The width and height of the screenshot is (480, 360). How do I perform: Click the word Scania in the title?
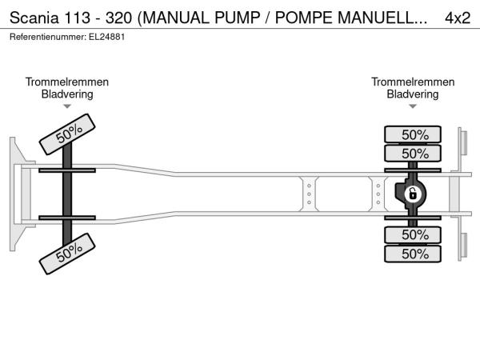click(x=34, y=18)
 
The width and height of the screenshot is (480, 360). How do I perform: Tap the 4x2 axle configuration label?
click(x=458, y=18)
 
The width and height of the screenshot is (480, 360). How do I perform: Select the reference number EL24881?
click(x=107, y=37)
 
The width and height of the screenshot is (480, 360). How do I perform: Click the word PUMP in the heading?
click(x=238, y=18)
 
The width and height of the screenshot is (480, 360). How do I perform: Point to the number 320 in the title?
click(x=118, y=18)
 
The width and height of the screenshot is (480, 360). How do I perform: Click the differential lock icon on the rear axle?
click(x=413, y=194)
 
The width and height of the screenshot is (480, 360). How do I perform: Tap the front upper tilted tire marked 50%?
click(x=67, y=134)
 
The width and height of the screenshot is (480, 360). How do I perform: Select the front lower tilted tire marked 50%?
click(x=67, y=254)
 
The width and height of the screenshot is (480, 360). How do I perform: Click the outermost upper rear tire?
click(x=413, y=134)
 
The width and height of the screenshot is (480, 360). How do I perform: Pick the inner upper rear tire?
click(x=413, y=153)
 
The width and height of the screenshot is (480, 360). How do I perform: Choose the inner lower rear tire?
click(x=413, y=235)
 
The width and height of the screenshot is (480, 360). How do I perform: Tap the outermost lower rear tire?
click(x=413, y=254)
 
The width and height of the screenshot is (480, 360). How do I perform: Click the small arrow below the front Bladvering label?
click(x=67, y=106)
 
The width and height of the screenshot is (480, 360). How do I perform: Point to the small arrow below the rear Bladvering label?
click(x=413, y=106)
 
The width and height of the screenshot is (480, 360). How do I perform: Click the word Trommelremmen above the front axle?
click(x=67, y=82)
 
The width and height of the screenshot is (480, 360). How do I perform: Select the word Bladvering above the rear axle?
click(x=413, y=94)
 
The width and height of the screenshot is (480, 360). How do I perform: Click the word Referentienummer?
click(x=47, y=37)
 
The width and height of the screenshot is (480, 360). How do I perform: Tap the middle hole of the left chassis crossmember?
click(x=309, y=194)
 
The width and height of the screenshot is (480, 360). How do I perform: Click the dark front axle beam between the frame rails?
click(x=67, y=194)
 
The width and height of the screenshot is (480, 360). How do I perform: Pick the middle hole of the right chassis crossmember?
click(x=378, y=194)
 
